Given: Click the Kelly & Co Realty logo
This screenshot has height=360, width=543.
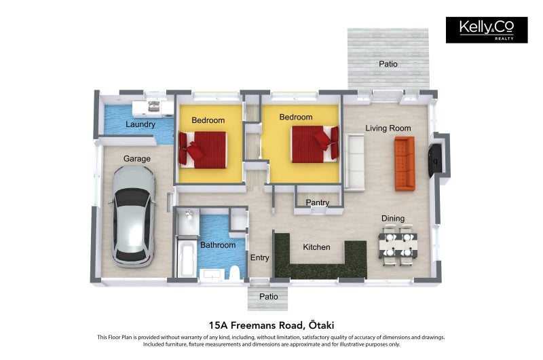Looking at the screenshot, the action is (x=487, y=30).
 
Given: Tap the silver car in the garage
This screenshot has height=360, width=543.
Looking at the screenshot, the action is (x=133, y=216).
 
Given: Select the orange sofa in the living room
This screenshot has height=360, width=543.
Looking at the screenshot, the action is (x=405, y=164).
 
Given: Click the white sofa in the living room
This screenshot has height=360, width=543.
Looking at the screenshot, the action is (x=354, y=162).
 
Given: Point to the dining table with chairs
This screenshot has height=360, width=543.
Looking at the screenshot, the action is (x=398, y=245).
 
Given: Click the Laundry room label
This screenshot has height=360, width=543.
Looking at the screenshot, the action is (x=141, y=124).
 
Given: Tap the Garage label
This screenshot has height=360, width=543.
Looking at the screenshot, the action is (x=137, y=159).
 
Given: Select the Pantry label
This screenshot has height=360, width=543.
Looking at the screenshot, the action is (x=318, y=202).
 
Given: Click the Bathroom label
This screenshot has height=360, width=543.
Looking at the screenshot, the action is (x=218, y=245).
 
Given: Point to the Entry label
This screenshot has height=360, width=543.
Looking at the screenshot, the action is (x=260, y=257).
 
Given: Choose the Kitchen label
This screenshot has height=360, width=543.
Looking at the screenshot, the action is (x=316, y=247).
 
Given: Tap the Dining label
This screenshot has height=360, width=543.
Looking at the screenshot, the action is (x=393, y=218).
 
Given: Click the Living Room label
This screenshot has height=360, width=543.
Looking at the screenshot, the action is (x=388, y=128).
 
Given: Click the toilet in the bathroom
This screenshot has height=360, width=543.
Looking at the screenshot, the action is (x=235, y=272).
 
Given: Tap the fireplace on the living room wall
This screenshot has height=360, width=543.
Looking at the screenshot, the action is (x=435, y=160).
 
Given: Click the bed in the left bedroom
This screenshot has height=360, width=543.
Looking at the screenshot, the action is (x=203, y=149).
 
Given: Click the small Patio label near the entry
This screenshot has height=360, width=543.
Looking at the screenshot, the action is (x=269, y=297).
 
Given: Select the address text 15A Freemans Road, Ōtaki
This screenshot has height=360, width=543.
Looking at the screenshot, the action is (x=271, y=325).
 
